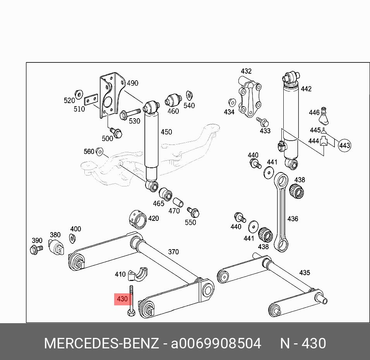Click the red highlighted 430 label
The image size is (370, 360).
point(122,299)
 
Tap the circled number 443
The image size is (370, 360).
point(344,146)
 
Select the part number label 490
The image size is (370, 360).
point(132,83)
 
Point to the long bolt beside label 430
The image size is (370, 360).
point(131,300)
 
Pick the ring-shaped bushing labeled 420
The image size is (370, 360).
point(137,218)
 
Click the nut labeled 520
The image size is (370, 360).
point(78,94)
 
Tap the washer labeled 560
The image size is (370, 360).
point(99,152)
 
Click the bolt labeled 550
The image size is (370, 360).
point(193,212)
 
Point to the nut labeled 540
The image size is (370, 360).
point(189,95)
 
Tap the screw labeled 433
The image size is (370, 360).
point(263,122)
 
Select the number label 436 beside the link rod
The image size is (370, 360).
point(293,219)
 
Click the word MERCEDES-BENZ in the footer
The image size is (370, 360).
point(101,343)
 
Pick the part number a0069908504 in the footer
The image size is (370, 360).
point(216,343)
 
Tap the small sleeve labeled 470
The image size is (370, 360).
point(178,203)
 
